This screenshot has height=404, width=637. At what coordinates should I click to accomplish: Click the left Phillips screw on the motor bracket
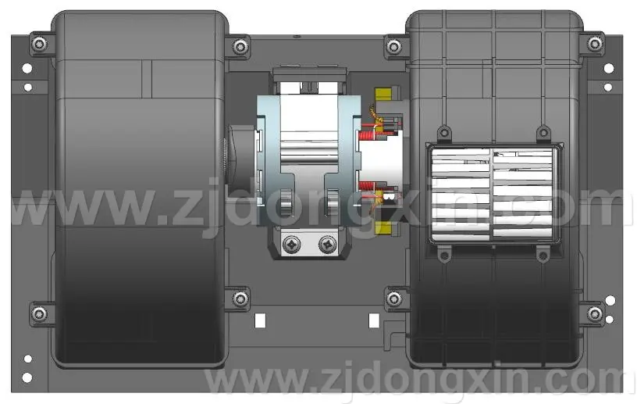[x=292, y=244]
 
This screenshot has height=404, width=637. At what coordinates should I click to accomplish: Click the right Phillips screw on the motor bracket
[x=327, y=244]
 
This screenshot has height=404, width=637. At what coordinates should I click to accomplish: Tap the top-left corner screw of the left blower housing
[x=39, y=44]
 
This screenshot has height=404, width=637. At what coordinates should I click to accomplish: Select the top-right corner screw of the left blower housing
[x=240, y=46]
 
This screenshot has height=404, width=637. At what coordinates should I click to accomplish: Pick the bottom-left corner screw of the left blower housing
[x=39, y=313]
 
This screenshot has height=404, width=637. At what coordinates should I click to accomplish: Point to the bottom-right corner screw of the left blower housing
[x=240, y=299]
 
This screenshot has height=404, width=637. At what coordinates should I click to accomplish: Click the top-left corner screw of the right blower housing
[x=393, y=46]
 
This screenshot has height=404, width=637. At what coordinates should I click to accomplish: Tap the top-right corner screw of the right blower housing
[x=595, y=44]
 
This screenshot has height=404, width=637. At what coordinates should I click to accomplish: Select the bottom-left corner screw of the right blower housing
[x=393, y=299]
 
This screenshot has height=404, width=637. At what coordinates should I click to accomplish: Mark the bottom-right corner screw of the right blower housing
[x=595, y=313]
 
